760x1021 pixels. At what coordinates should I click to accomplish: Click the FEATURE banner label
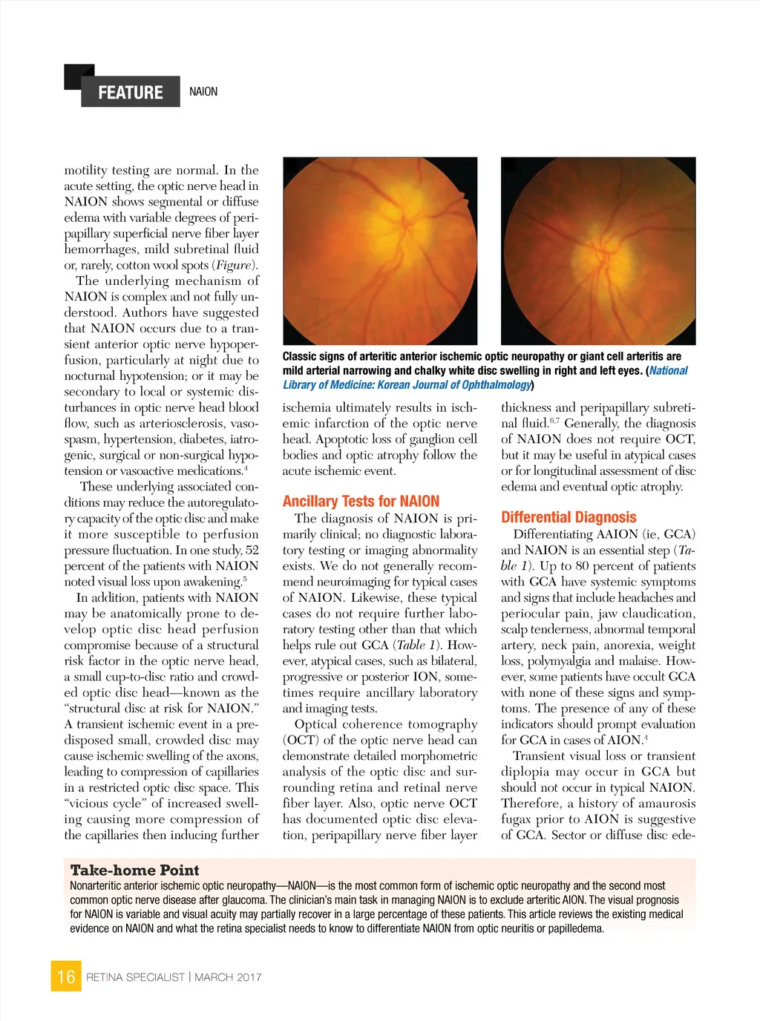tap(131, 92)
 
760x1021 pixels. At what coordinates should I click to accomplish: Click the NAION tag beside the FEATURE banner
tap(203, 92)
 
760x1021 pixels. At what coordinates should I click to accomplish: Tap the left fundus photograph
tap(380, 251)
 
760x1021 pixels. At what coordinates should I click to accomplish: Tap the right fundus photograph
tap(598, 251)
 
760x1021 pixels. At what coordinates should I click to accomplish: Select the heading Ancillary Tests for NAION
tap(361, 501)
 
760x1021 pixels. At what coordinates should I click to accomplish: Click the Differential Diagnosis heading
tap(569, 517)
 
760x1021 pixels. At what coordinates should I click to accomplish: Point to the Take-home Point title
tap(134, 870)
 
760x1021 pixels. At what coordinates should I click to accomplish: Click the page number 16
tap(66, 976)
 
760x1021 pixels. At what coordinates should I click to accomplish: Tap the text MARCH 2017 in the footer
tap(228, 977)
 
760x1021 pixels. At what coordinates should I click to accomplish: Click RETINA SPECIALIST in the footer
tap(135, 977)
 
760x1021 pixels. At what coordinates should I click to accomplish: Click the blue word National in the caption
tap(668, 370)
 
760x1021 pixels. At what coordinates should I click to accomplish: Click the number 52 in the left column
tap(252, 550)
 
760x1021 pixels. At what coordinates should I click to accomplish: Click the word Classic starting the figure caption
tap(299, 356)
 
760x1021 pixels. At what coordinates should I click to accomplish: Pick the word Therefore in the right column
tap(531, 804)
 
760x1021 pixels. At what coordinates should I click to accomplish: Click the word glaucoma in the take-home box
tap(245, 900)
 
